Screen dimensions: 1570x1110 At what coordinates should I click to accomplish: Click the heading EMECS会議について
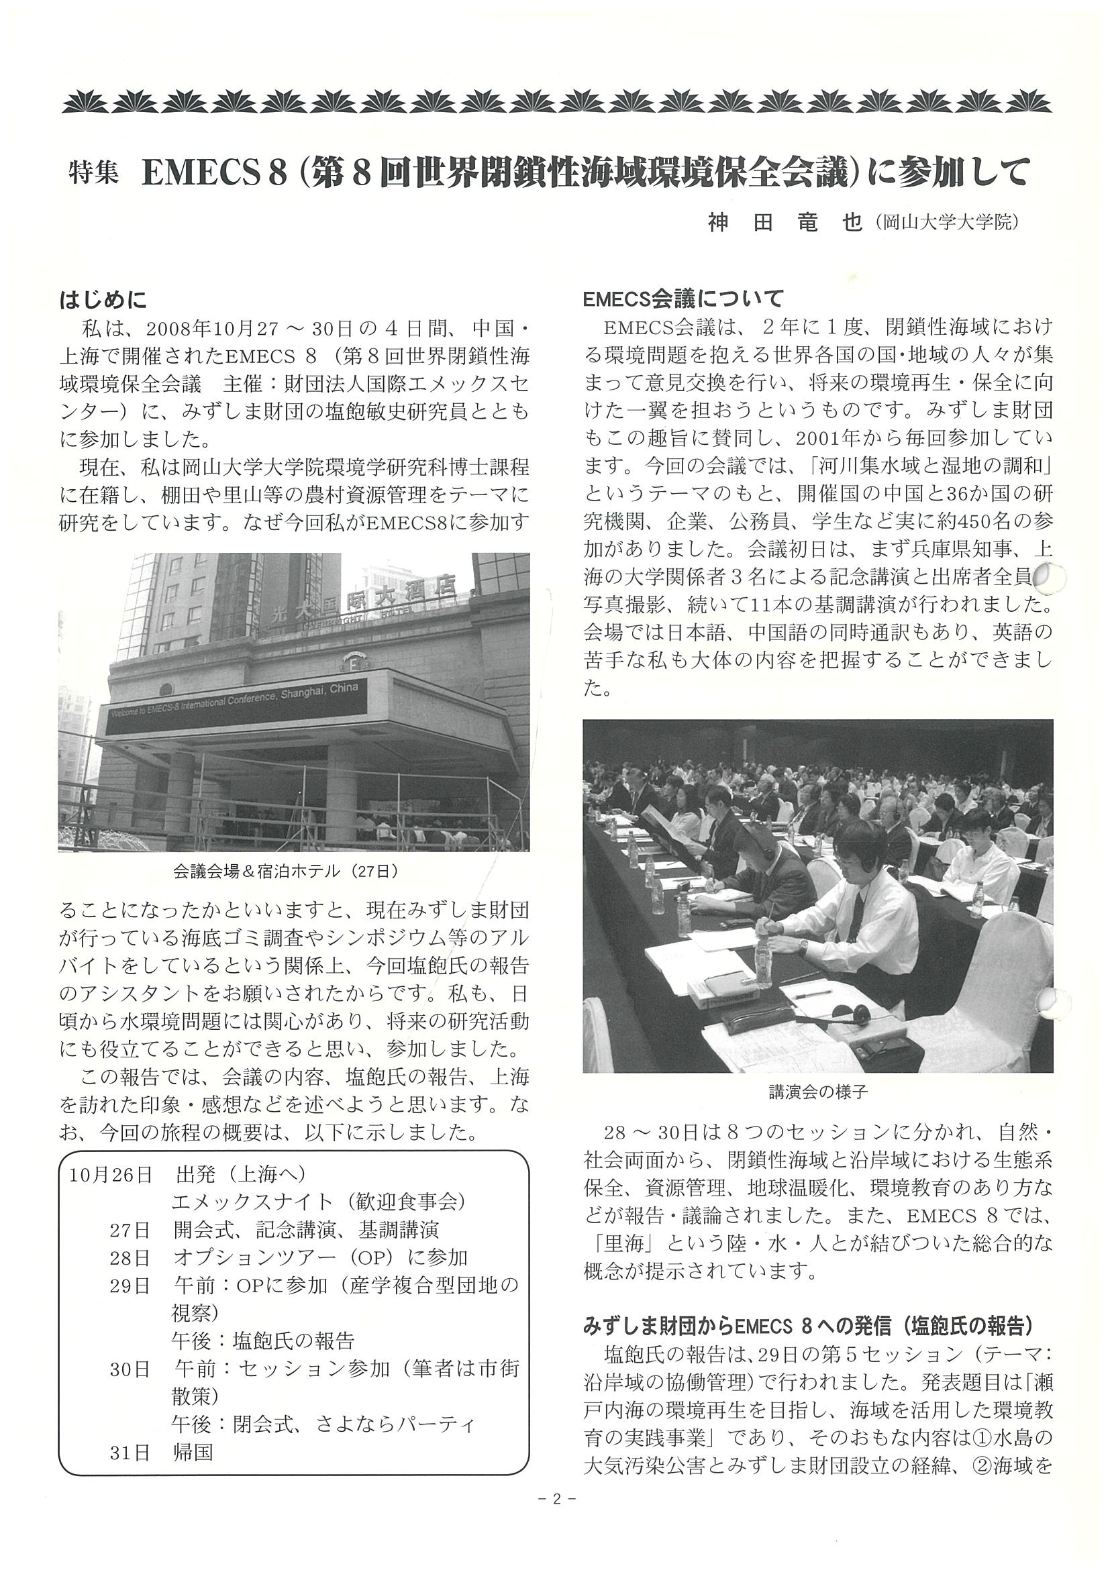(x=683, y=299)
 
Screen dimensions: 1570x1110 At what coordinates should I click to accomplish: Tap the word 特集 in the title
(x=93, y=174)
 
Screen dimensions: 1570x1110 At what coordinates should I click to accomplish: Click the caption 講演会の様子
(x=818, y=1092)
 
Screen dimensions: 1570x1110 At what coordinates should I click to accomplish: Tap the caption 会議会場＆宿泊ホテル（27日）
(x=285, y=872)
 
